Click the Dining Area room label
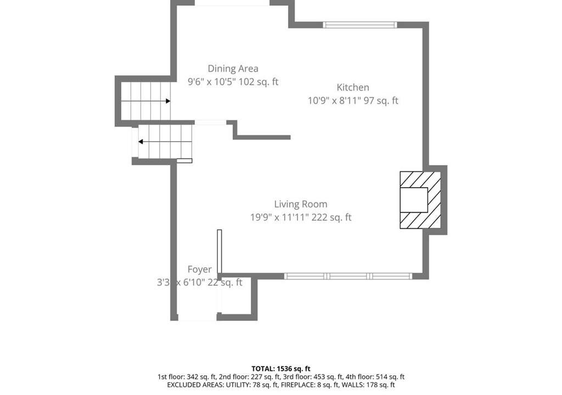(233, 69)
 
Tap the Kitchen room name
(353, 87)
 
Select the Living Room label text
(301, 204)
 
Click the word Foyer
(200, 269)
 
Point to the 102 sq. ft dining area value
(258, 82)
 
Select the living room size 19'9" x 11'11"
(279, 218)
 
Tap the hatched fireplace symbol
(420, 200)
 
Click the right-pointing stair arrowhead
(168, 101)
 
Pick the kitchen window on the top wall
(360, 25)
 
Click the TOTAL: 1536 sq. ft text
(281, 369)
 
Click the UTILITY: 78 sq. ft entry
(251, 385)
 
